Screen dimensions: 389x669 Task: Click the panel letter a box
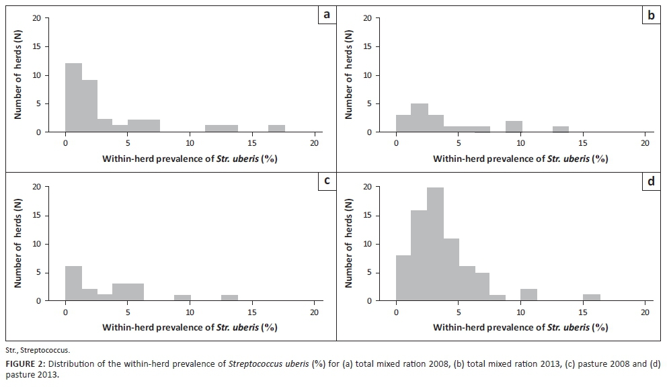pyautogui.click(x=326, y=14)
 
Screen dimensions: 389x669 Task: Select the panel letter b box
pyautogui.click(x=651, y=14)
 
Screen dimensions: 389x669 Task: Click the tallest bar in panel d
pyautogui.click(x=435, y=245)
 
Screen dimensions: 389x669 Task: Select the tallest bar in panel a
pyautogui.click(x=73, y=98)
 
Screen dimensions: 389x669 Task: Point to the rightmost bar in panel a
pyautogui.click(x=277, y=129)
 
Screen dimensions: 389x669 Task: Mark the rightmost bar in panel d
pyautogui.click(x=592, y=298)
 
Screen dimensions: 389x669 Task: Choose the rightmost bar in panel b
pyautogui.click(x=561, y=130)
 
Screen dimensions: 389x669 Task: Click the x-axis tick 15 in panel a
pyautogui.click(x=252, y=143)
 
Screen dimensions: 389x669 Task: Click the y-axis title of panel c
pyautogui.click(x=19, y=243)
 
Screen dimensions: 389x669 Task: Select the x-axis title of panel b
pyautogui.click(x=520, y=159)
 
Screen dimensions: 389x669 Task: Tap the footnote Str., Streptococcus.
pyautogui.click(x=38, y=350)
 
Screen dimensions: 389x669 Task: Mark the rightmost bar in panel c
pyautogui.click(x=229, y=298)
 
